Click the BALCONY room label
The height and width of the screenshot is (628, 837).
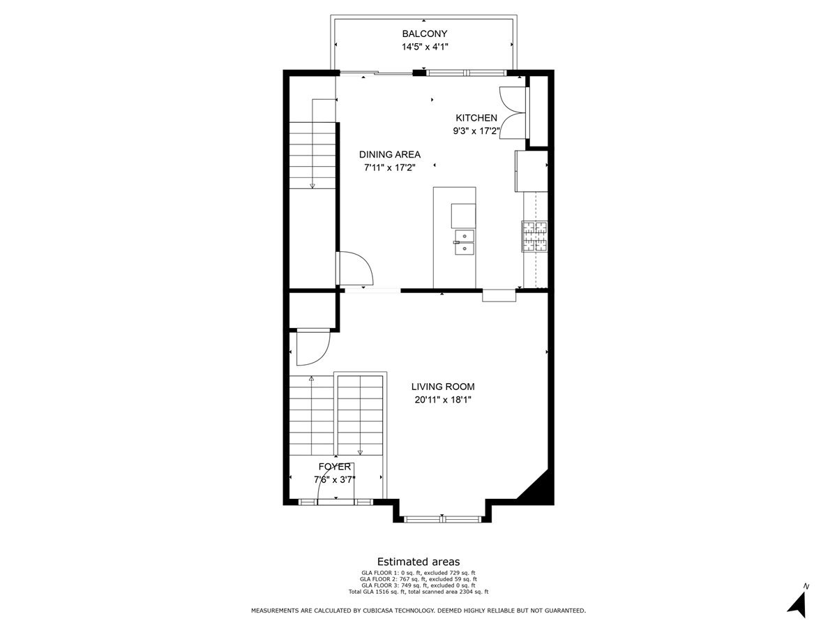pos(424,33)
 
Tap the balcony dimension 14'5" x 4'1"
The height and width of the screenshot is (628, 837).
pos(424,47)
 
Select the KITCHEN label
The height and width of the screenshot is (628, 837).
pos(476,118)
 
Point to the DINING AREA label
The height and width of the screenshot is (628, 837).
pos(390,154)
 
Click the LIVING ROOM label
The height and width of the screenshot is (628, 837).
pos(443,387)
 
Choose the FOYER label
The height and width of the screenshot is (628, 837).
pos(335,466)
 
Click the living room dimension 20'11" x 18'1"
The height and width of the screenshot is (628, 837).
pos(443,400)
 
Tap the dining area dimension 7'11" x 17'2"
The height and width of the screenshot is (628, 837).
pos(390,167)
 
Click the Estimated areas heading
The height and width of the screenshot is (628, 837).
pos(418,562)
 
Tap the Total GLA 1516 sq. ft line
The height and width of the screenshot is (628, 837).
pos(418,592)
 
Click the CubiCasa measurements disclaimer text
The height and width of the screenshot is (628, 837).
pos(418,611)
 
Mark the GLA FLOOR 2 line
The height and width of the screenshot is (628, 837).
pos(418,579)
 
